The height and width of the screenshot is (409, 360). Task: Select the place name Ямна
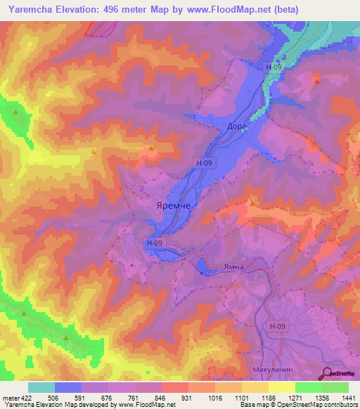(234, 268)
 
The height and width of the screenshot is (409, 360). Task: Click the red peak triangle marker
(316, 81)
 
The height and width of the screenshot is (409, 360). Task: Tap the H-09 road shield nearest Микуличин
(278, 327)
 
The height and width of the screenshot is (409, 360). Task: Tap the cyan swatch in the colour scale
(41, 387)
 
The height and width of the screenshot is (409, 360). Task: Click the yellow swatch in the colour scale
(281, 387)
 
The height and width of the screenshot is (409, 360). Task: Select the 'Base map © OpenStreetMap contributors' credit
(298, 405)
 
